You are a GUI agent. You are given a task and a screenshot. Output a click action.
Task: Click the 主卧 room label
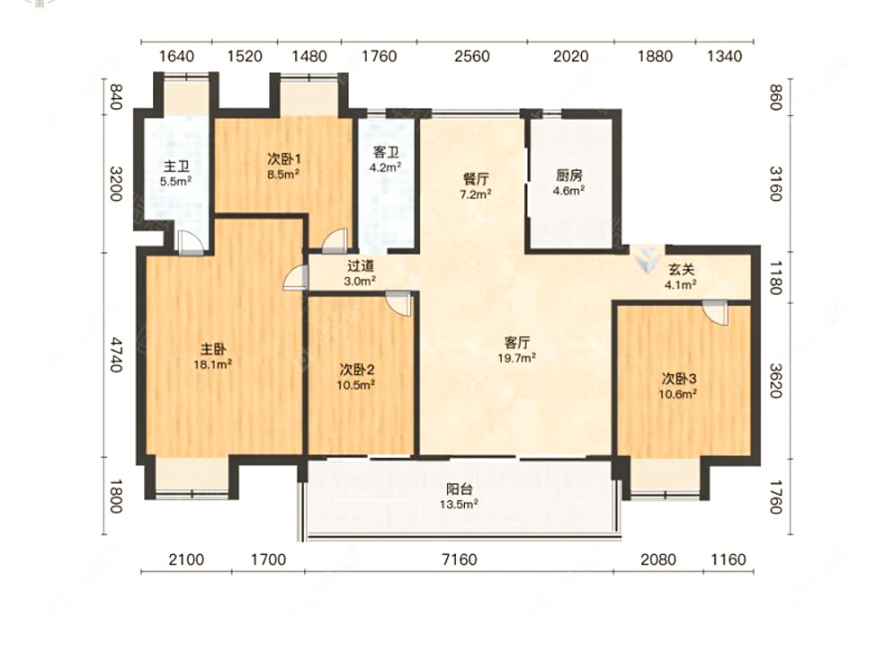tap(213, 348)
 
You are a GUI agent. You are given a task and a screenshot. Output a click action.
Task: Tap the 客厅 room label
tap(517, 342)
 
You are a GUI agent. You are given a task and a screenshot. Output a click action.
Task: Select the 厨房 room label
tap(569, 175)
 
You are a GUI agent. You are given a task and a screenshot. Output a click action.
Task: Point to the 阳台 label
tap(459, 489)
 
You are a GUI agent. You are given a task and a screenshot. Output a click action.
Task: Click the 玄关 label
tap(680, 270)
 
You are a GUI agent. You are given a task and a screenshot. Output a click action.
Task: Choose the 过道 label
tap(360, 265)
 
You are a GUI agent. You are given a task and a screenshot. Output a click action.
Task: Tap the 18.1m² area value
tap(213, 364)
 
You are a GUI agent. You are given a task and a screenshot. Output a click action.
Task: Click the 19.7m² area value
tap(517, 358)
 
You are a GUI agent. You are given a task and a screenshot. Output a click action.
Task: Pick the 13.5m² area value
tap(459, 504)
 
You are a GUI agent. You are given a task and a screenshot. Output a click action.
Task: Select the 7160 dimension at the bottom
tap(460, 559)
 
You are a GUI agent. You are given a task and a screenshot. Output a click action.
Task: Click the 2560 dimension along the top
tap(472, 55)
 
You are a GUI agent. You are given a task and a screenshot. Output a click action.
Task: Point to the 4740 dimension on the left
tap(115, 355)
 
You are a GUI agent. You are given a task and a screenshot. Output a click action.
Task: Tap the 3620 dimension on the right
tap(775, 381)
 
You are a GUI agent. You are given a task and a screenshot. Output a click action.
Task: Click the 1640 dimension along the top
tap(176, 55)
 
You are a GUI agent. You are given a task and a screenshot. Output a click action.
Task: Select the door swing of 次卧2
tap(398, 305)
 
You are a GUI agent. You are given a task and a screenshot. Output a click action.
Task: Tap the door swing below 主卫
tap(190, 243)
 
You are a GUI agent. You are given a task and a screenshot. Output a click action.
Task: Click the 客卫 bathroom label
tap(386, 152)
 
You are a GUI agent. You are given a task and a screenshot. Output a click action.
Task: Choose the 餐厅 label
tap(477, 179)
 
